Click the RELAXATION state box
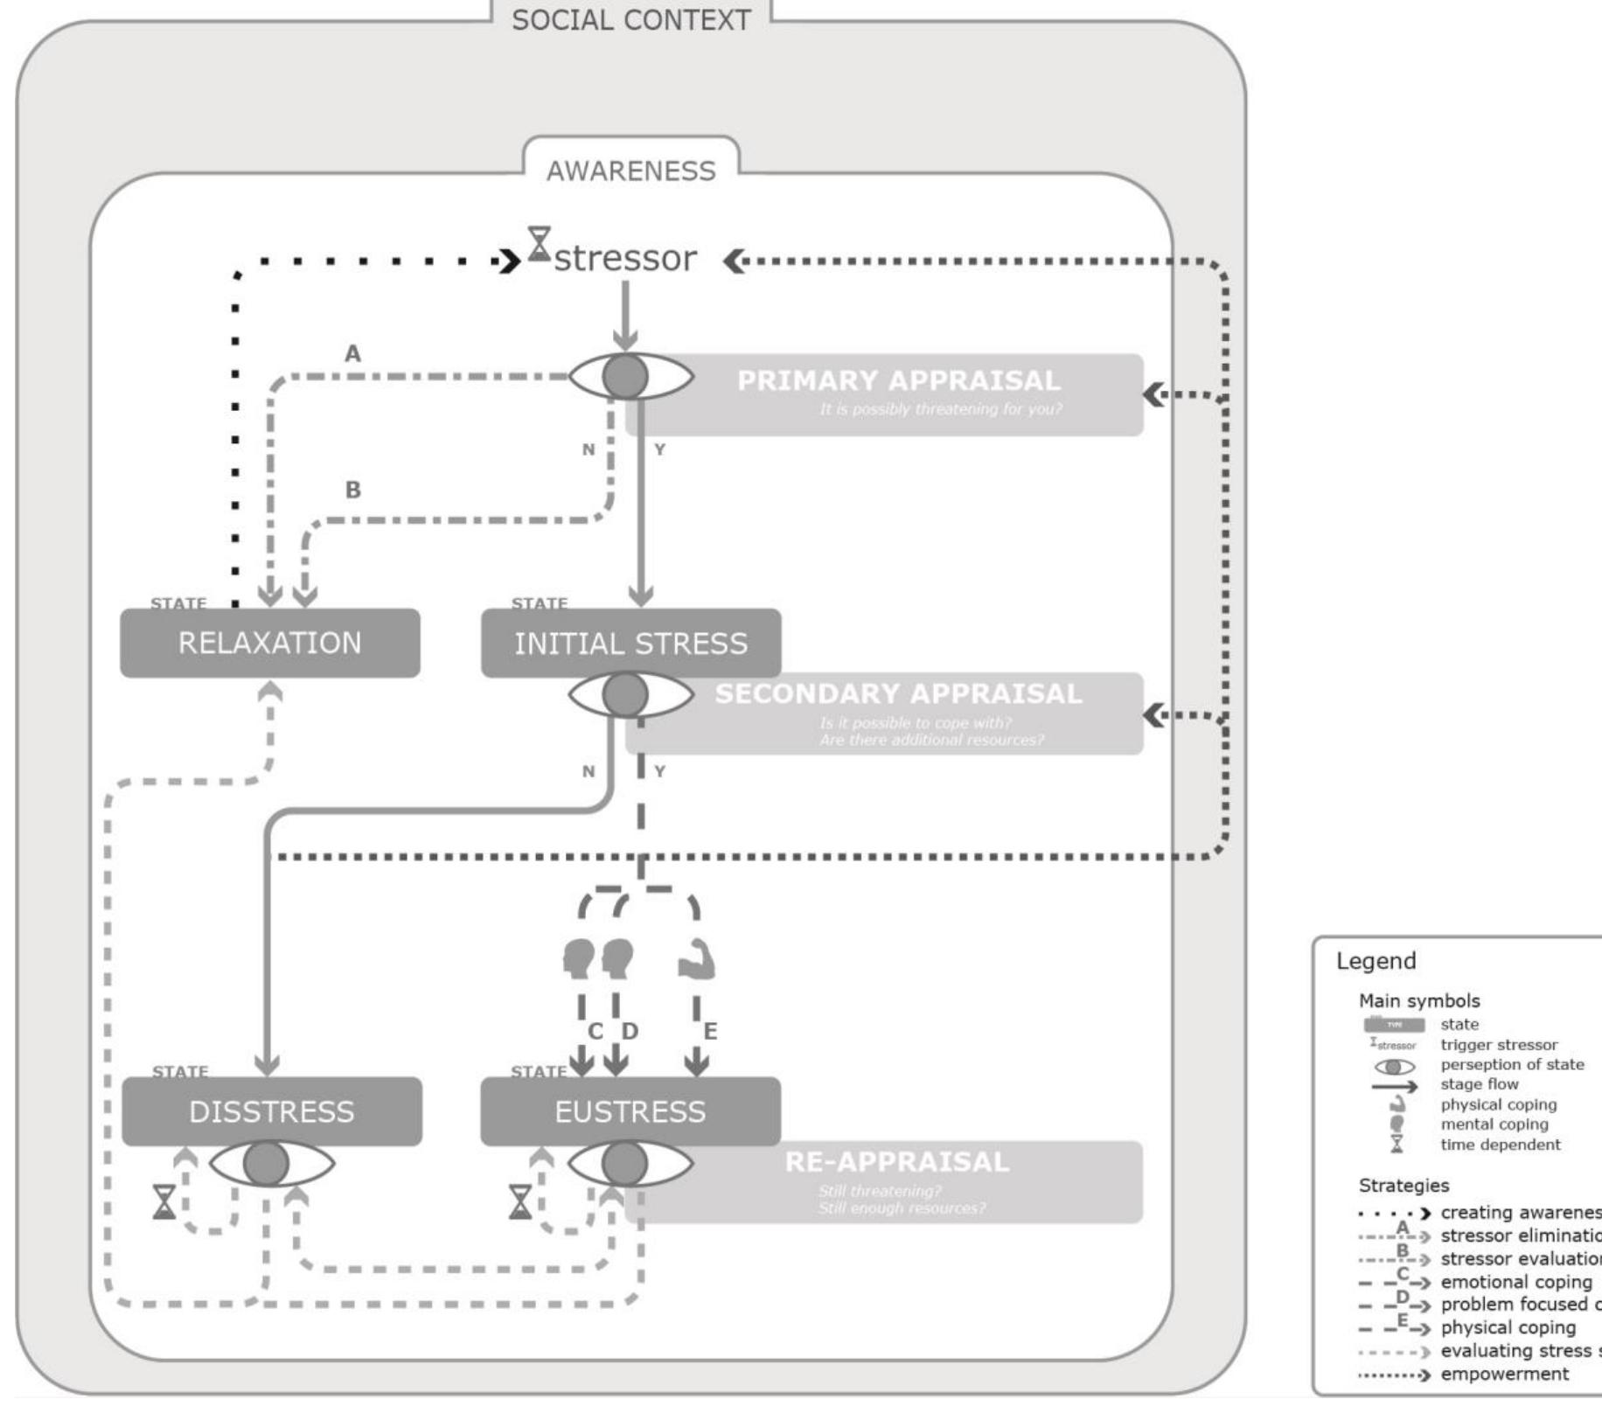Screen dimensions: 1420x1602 [269, 644]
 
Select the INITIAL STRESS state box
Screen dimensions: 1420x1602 [630, 644]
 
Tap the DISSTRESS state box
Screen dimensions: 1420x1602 [271, 1111]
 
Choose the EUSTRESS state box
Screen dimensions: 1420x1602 [630, 1111]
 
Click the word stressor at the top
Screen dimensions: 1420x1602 [625, 258]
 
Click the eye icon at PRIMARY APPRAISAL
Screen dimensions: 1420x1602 [627, 377]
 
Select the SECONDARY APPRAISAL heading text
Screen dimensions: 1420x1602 [898, 693]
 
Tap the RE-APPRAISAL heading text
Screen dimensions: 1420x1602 [896, 1162]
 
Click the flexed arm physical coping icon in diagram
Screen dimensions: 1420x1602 [697, 959]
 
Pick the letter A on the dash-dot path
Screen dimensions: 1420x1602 [352, 354]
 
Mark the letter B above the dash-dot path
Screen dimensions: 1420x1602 [352, 490]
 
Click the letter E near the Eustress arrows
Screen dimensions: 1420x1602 [710, 1032]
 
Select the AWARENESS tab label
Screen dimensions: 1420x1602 [630, 171]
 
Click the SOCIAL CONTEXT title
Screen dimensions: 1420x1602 [630, 20]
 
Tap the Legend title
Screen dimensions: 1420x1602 [1376, 962]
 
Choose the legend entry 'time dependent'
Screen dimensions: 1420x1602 [1500, 1145]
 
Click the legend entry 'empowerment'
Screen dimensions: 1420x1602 [1504, 1374]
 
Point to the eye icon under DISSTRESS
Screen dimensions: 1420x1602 [268, 1163]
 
